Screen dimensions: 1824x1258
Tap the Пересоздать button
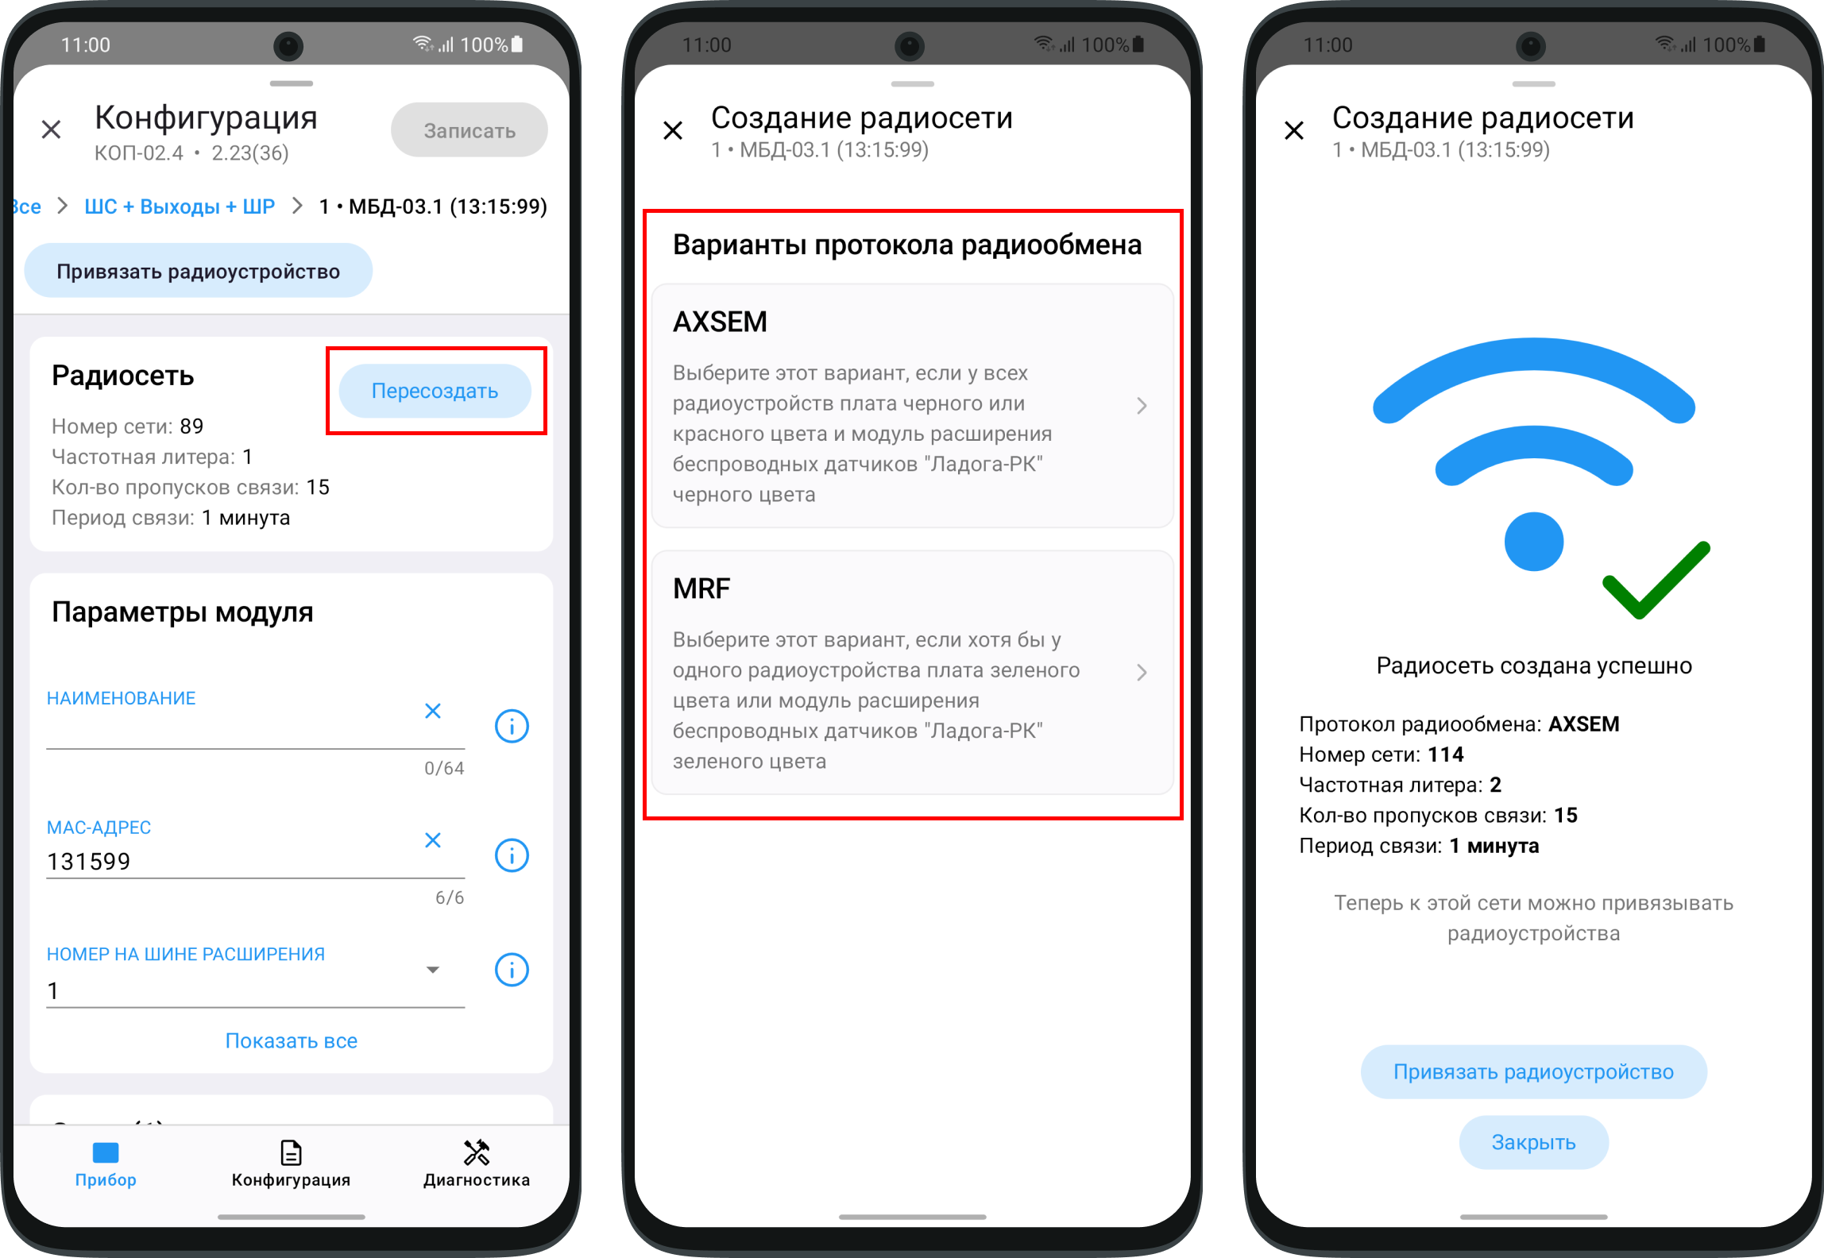click(x=435, y=391)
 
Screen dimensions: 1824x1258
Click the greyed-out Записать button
click(x=469, y=130)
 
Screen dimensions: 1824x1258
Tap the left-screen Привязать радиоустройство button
click(x=198, y=271)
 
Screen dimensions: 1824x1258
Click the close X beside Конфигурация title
click(x=52, y=129)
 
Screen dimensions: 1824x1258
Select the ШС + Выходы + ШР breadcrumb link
click(x=180, y=206)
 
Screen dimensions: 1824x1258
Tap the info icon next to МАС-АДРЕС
click(x=512, y=855)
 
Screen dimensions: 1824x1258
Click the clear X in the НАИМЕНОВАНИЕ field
click(x=433, y=711)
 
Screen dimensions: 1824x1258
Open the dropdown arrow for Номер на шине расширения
click(x=433, y=970)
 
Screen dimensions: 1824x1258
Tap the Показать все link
click(x=292, y=1040)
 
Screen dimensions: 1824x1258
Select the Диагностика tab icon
click(x=477, y=1152)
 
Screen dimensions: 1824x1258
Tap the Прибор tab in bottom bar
click(x=106, y=1163)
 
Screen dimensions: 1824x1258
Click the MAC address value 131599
click(x=89, y=862)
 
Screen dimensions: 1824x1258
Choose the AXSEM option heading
click(x=721, y=322)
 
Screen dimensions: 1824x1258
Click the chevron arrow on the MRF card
click(x=1142, y=673)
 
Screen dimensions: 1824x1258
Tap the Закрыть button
click(x=1533, y=1142)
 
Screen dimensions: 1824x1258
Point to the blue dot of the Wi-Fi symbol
click(x=1534, y=542)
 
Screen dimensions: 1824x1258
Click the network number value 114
click(x=1446, y=754)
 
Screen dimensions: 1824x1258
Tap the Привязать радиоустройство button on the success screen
click(x=1533, y=1072)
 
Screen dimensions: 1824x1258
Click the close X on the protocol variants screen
click(x=673, y=130)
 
